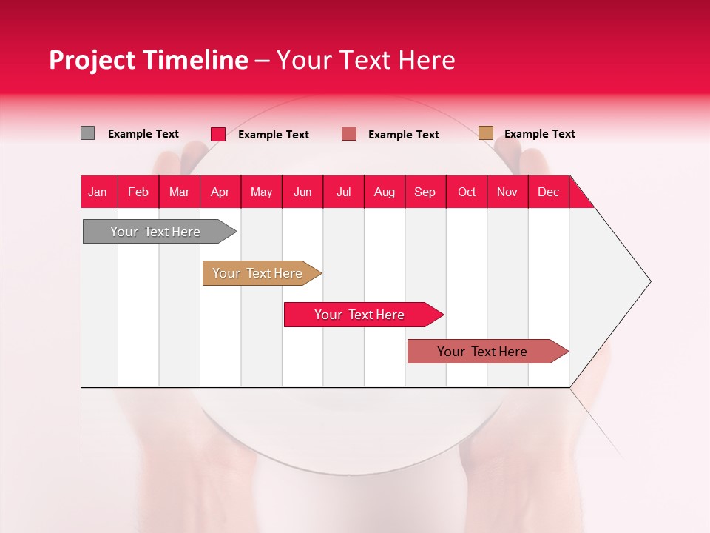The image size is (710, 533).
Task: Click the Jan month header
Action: click(x=98, y=192)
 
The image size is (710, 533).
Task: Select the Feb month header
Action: click(x=138, y=192)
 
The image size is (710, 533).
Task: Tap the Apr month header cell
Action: click(x=220, y=192)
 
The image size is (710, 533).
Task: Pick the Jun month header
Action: click(x=302, y=192)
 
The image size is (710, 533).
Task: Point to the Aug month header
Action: click(x=385, y=192)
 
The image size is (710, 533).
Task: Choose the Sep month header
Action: click(x=425, y=192)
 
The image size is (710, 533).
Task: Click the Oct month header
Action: click(x=467, y=192)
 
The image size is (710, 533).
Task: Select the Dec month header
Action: click(x=549, y=192)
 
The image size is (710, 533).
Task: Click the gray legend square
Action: click(x=87, y=133)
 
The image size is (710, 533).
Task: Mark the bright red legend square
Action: click(x=218, y=134)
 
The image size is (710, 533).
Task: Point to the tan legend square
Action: click(x=486, y=133)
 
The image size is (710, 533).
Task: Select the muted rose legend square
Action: click(x=349, y=134)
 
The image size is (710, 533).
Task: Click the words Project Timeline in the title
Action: click(x=148, y=60)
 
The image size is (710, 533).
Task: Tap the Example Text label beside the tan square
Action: click(x=539, y=134)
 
